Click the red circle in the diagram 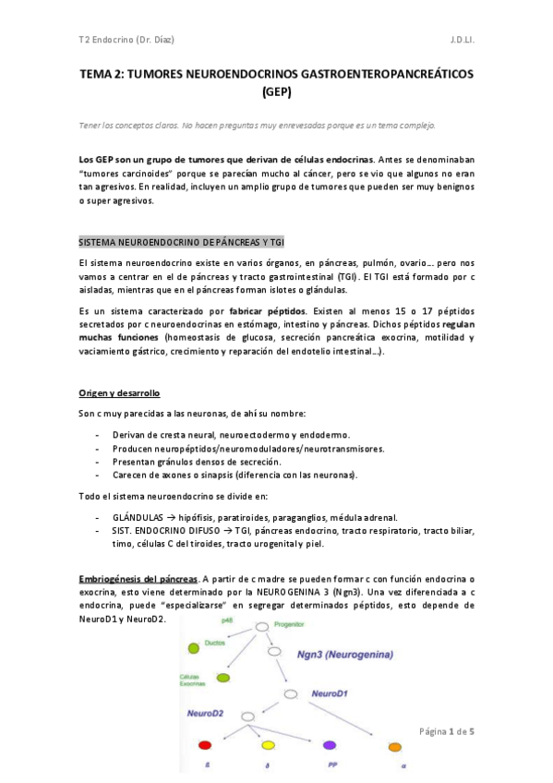[x=205, y=744]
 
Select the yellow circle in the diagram [x=268, y=744]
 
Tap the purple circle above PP [x=330, y=744]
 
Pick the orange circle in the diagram [x=395, y=745]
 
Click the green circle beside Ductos [x=194, y=647]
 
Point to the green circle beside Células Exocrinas [x=223, y=679]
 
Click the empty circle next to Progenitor [x=261, y=627]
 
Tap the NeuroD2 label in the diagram [x=205, y=714]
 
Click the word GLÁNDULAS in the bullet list [x=138, y=517]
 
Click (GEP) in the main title [x=276, y=92]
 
